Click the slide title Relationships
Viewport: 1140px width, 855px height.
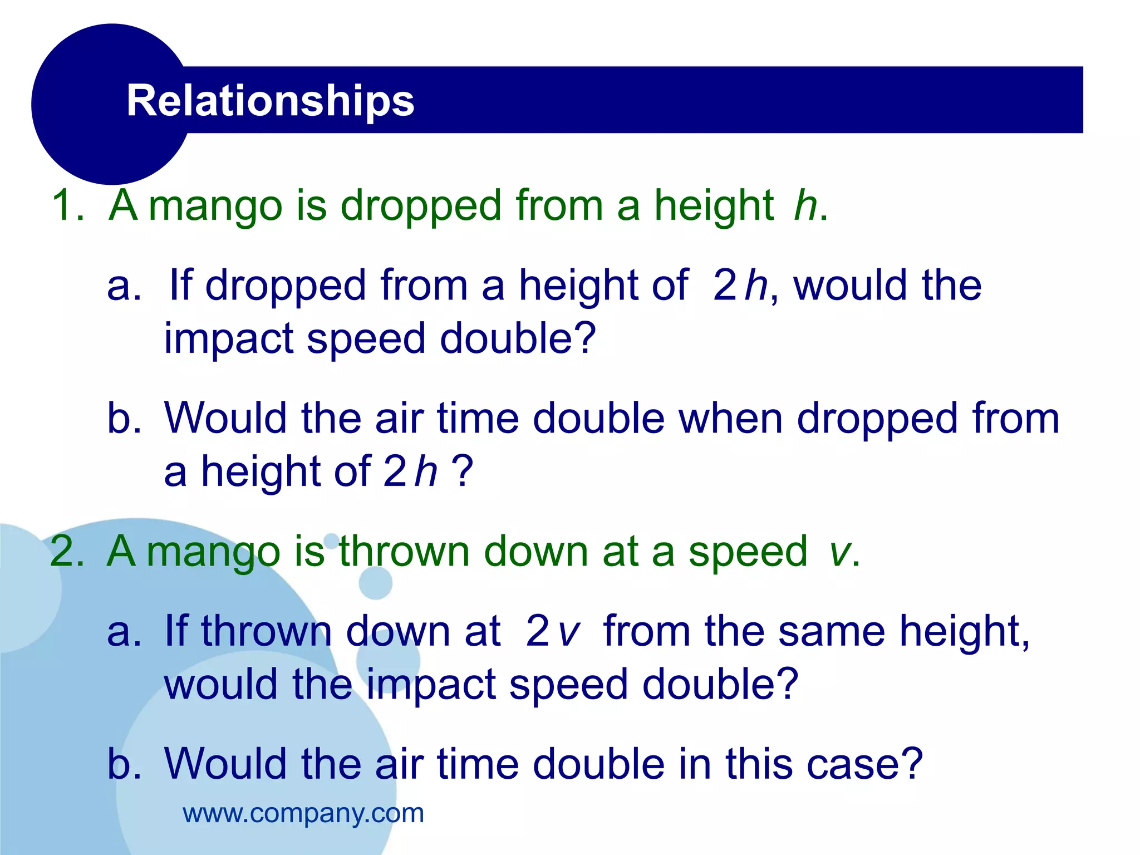(x=270, y=101)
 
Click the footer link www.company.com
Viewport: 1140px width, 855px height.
(x=303, y=813)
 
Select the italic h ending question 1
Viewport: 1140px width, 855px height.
(x=805, y=205)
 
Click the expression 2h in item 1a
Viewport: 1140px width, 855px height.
(x=739, y=286)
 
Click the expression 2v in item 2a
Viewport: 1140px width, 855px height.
(x=552, y=631)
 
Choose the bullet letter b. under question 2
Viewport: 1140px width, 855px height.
(x=124, y=764)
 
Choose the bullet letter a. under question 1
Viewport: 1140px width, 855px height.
(x=124, y=286)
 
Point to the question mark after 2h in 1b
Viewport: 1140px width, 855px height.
(x=461, y=471)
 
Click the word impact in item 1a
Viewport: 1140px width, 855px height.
(x=228, y=339)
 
